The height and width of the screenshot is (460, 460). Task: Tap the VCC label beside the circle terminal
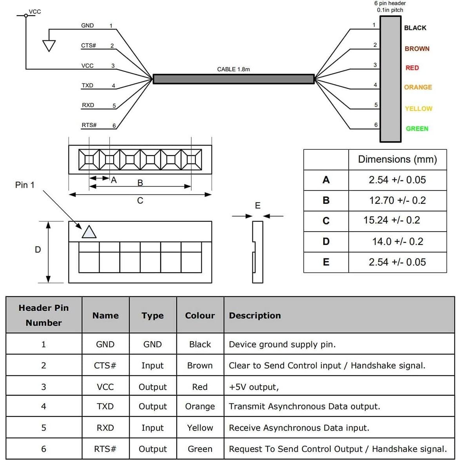point(35,11)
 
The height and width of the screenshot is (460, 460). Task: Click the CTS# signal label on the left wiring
point(89,45)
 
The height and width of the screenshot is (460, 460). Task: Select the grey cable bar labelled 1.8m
point(234,79)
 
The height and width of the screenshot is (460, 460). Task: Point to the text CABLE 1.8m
point(233,69)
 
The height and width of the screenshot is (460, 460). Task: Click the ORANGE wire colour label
point(418,87)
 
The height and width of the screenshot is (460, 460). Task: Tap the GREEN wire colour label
point(417,129)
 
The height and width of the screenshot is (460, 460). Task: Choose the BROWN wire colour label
point(417,49)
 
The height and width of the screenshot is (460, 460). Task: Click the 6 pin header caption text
point(390,6)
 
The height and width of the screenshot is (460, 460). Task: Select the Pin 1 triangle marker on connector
point(89,232)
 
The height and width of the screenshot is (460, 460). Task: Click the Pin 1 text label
point(25,185)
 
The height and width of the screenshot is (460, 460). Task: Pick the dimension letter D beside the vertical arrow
point(38,250)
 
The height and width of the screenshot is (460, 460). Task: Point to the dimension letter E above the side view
point(257,206)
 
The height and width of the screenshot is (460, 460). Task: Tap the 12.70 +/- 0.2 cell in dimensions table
point(397,201)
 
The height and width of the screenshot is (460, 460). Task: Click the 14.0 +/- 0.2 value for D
point(397,241)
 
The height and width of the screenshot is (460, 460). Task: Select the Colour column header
point(200,315)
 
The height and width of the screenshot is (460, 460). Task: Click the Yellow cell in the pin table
point(200,427)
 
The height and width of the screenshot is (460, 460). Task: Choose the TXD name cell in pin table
point(105,406)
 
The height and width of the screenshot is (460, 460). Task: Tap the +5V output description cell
point(254,387)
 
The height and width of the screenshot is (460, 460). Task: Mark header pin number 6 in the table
point(43,449)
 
